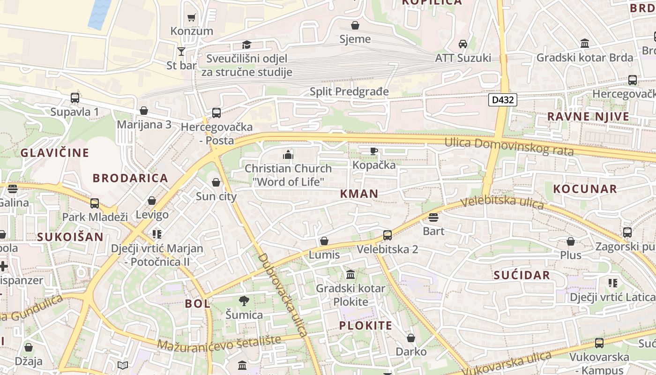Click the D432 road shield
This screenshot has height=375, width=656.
(502, 100)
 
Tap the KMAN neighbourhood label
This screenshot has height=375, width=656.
(359, 194)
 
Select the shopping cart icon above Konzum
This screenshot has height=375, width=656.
(191, 18)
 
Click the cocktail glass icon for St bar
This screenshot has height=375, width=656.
(181, 51)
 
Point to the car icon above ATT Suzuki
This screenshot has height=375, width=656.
(463, 44)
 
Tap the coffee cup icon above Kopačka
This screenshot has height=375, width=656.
(373, 151)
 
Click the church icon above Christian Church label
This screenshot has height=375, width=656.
(288, 154)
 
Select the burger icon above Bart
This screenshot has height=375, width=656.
(433, 217)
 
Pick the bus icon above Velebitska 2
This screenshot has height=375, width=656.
(388, 235)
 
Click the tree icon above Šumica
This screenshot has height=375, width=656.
(244, 300)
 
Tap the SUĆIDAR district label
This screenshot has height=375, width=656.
(522, 275)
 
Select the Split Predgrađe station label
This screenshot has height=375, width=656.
(349, 91)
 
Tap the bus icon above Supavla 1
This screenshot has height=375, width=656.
(75, 98)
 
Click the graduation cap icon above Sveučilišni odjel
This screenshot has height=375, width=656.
(246, 45)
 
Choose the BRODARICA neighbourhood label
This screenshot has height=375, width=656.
(130, 178)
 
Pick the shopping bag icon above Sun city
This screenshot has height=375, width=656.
(216, 182)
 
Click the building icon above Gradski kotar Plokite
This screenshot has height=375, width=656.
(350, 274)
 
